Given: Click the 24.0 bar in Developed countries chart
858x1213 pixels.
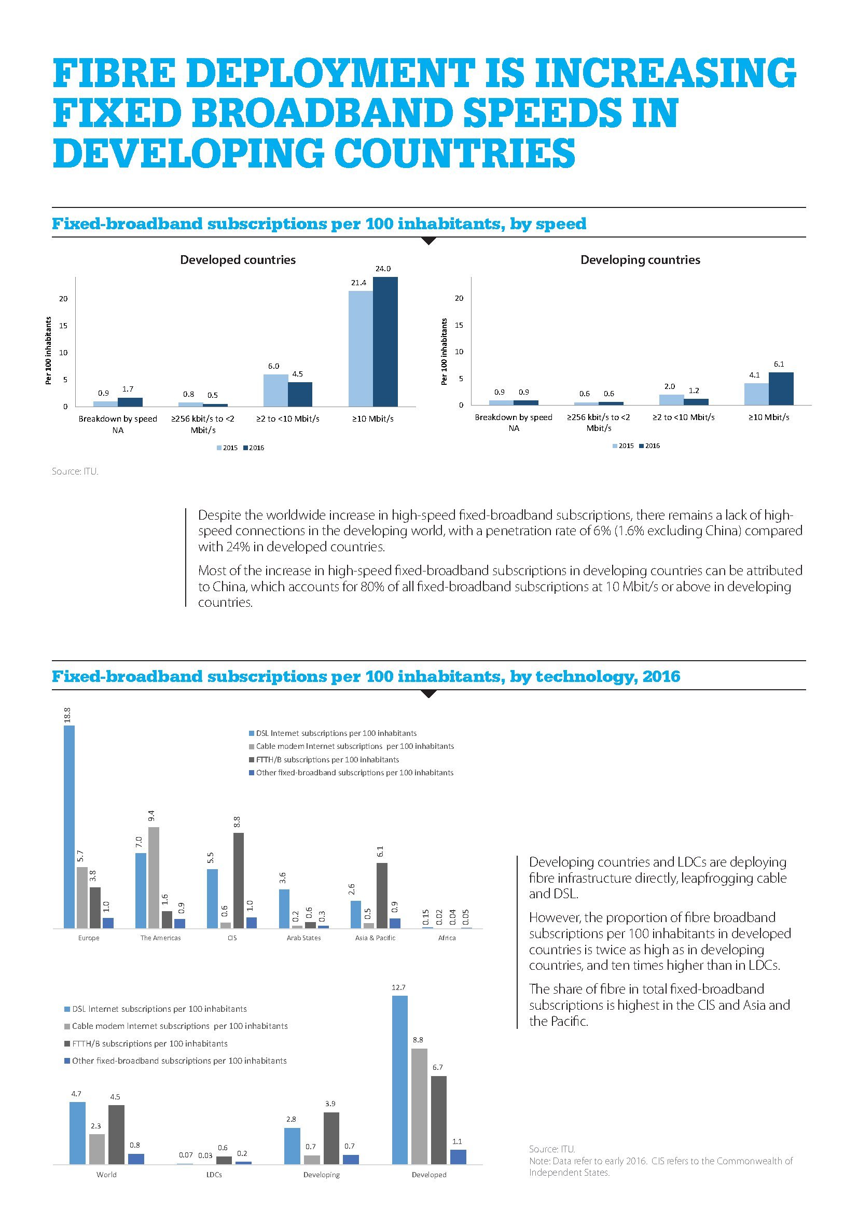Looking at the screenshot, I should (x=385, y=341).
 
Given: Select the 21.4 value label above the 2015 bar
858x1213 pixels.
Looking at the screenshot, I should (x=359, y=283).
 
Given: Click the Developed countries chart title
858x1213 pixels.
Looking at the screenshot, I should (x=238, y=260).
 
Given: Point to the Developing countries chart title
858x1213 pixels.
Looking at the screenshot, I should (x=640, y=260).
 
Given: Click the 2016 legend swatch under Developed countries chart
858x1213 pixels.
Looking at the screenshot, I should (x=246, y=448).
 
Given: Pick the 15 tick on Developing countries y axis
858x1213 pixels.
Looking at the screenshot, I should (x=459, y=325).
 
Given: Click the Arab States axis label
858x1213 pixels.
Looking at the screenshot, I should (x=304, y=938).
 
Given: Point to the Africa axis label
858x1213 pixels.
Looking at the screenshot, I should (x=447, y=938).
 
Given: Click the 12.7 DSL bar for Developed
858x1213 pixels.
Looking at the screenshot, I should (x=400, y=1080).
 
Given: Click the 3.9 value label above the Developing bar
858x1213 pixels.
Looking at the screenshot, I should (x=330, y=1104).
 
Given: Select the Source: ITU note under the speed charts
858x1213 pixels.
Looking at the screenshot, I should (x=75, y=471).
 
